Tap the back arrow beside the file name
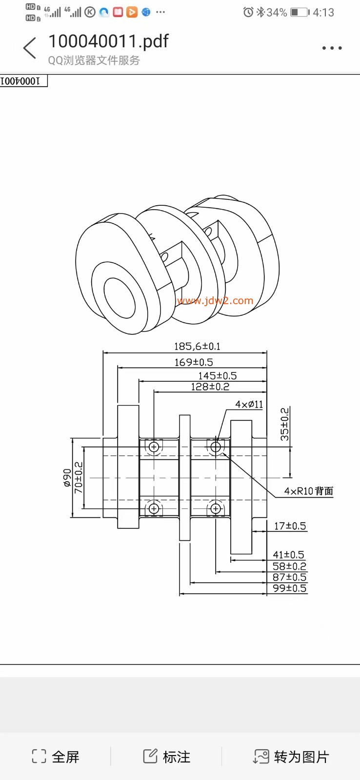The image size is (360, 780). click(x=30, y=48)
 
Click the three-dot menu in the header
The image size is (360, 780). click(x=332, y=48)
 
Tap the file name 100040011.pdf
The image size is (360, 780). click(x=108, y=41)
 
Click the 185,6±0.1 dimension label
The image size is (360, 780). click(x=197, y=347)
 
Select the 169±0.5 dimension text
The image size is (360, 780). click(x=194, y=362)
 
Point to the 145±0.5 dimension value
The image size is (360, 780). click(x=217, y=376)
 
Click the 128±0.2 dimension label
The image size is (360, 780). click(x=210, y=387)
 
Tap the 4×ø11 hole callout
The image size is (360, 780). click(x=249, y=405)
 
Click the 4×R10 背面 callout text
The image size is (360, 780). click(x=308, y=491)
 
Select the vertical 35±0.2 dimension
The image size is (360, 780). click(x=284, y=425)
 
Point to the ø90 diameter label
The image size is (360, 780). click(x=67, y=478)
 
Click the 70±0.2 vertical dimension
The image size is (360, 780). click(x=79, y=478)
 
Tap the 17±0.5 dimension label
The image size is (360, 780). click(x=290, y=526)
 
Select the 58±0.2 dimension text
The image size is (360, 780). click(x=289, y=566)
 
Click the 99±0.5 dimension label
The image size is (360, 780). click(x=289, y=588)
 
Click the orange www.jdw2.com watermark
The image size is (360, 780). click(x=215, y=300)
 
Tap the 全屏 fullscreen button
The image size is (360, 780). click(x=56, y=757)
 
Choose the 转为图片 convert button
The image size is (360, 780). click(x=291, y=757)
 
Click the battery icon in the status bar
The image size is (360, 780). click(x=300, y=12)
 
